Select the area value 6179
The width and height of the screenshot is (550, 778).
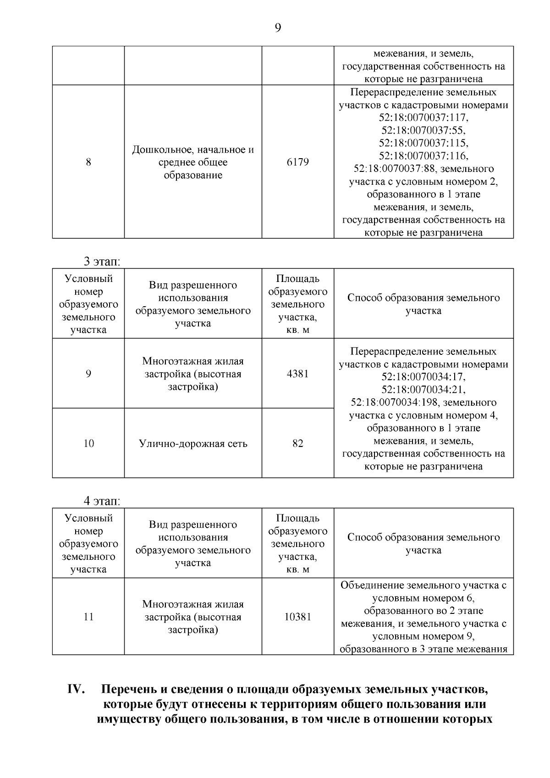point(297,162)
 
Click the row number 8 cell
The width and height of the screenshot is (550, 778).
point(88,162)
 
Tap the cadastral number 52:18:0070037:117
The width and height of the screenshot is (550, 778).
point(423,118)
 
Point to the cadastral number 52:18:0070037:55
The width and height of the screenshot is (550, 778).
point(423,131)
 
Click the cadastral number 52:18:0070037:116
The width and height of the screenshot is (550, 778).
point(423,156)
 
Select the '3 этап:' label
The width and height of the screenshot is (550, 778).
point(101,261)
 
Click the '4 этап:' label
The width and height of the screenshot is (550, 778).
point(101,501)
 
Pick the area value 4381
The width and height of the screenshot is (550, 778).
point(297,374)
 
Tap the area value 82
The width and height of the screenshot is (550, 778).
point(297,443)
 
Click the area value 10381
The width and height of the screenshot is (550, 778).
point(297,617)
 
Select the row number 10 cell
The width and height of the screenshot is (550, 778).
point(88,443)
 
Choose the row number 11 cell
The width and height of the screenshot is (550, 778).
point(88,617)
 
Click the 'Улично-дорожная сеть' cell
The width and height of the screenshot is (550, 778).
point(193,443)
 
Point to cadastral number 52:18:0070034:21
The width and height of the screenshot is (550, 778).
point(423,390)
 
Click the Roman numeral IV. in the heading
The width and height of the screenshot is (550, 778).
point(75,690)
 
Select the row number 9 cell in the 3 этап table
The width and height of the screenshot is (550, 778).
point(88,374)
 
